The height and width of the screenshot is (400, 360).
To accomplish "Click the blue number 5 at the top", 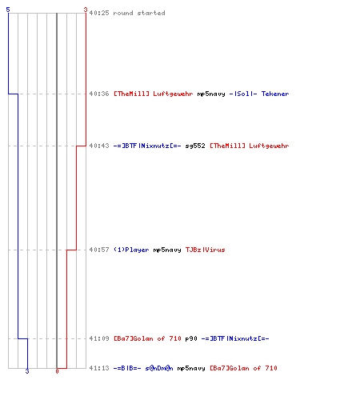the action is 8,10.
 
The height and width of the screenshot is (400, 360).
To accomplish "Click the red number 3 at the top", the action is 86,10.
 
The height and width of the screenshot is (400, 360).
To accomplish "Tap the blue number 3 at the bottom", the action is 27,371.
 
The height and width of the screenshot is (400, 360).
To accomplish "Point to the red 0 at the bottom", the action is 57,371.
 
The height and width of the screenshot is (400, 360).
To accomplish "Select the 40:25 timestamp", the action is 99,13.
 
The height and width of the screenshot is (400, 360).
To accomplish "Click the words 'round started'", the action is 139,13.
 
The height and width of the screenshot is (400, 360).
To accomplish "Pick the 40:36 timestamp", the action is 99,94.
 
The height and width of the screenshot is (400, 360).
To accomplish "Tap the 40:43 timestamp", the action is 99,146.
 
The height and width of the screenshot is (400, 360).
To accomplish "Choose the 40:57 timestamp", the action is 99,250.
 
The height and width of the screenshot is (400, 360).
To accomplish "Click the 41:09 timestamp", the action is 99,338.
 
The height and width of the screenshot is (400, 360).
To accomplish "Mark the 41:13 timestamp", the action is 99,368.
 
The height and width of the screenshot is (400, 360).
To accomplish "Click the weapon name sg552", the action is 195,146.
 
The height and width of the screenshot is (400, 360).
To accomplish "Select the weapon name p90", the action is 191,339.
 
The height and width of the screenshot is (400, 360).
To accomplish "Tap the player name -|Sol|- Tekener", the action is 259,94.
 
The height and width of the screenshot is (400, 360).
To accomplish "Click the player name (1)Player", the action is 131,250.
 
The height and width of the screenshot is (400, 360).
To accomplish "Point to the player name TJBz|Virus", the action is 206,250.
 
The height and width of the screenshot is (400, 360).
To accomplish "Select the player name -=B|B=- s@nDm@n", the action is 143,368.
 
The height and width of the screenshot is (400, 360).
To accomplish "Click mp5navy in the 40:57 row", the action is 167,250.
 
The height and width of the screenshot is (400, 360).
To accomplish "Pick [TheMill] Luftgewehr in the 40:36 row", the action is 154,94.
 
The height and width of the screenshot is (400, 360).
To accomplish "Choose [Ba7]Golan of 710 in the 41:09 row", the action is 147,338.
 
